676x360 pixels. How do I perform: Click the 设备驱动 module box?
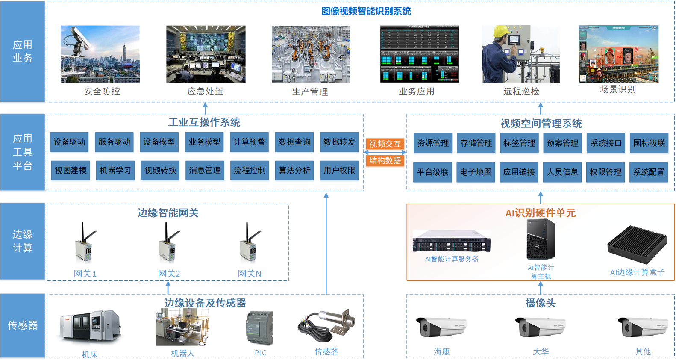tap(69, 142)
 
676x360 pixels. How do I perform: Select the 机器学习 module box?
tap(115, 170)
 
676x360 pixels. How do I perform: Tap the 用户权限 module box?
tap(339, 170)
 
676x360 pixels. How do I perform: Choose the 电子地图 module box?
tap(476, 172)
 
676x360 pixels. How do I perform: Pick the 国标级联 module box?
tap(649, 143)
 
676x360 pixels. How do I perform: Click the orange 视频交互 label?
tap(385, 144)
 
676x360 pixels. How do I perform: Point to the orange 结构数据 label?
tap(385, 161)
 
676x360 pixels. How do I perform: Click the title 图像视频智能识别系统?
tap(366, 11)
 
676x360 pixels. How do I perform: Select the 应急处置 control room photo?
tap(206, 54)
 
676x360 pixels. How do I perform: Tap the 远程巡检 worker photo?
tap(520, 54)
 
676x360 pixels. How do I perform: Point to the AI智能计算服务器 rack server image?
tap(452, 241)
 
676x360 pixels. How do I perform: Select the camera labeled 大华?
tap(540, 328)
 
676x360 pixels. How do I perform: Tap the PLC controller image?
tap(260, 328)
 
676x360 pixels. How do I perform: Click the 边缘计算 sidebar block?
tap(23, 241)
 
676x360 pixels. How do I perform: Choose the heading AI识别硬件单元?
tap(540, 213)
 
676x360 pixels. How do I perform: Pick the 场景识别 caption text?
tap(618, 89)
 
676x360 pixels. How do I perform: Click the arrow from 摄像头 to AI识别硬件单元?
tap(541, 288)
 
